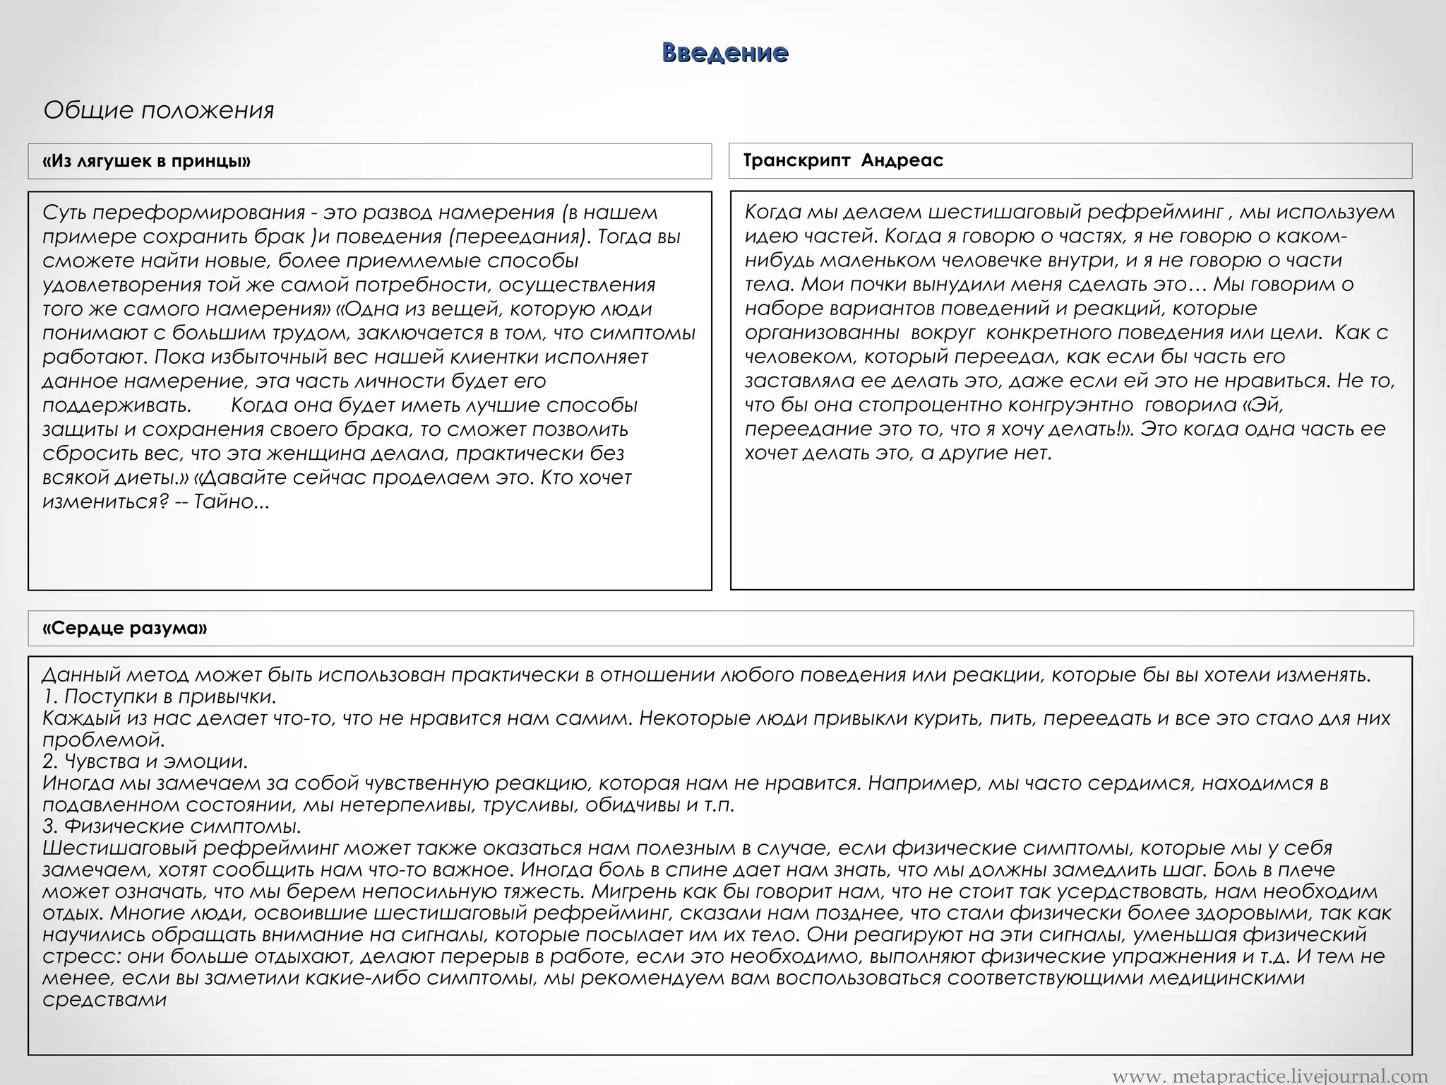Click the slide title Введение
(x=724, y=53)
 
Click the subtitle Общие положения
(x=159, y=110)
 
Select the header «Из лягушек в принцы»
(x=147, y=161)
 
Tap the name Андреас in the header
(x=902, y=160)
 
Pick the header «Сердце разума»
(x=125, y=628)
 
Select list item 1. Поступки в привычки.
(x=159, y=696)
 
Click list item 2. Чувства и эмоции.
(x=145, y=761)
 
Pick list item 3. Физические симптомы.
(x=172, y=826)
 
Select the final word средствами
(x=104, y=1000)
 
